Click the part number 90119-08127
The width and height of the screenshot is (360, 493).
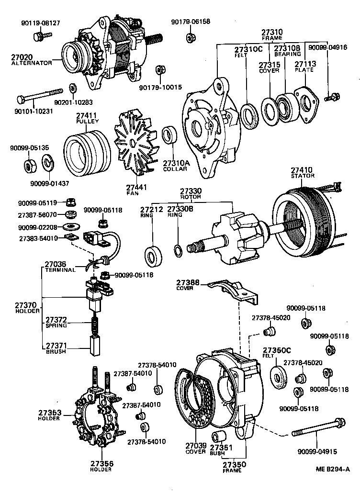click(41, 22)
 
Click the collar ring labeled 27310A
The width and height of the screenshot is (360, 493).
click(170, 135)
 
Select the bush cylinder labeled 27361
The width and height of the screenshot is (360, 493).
click(219, 437)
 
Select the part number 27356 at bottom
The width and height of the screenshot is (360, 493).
click(101, 463)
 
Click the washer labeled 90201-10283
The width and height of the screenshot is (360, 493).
click(73, 89)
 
